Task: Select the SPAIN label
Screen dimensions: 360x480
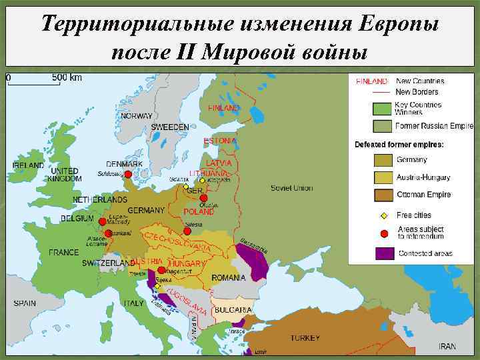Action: [x=24, y=303]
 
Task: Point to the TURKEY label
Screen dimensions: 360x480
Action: [x=305, y=338]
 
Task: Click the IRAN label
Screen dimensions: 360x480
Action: [x=447, y=347]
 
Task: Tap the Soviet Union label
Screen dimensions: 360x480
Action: [x=291, y=188]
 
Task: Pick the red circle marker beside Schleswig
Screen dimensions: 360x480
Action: [x=128, y=175]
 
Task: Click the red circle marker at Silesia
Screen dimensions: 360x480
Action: [x=187, y=231]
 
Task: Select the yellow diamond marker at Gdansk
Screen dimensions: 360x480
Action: [x=186, y=187]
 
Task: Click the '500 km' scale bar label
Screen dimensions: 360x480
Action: [x=67, y=77]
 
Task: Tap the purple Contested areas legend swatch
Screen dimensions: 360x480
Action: [x=384, y=253]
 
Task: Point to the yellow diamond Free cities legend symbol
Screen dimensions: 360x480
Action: [x=384, y=215]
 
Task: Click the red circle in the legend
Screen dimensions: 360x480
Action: [x=384, y=233]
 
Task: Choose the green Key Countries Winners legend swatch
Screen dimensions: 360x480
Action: [x=381, y=109]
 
